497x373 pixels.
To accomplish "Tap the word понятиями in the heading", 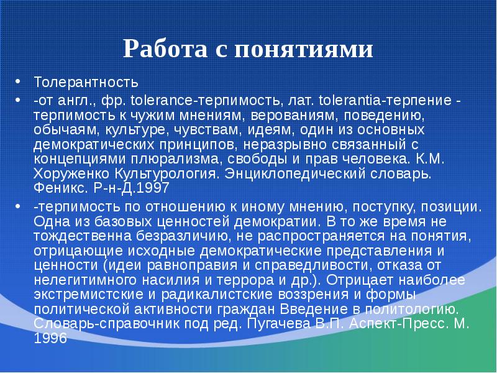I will tap(304, 49).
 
